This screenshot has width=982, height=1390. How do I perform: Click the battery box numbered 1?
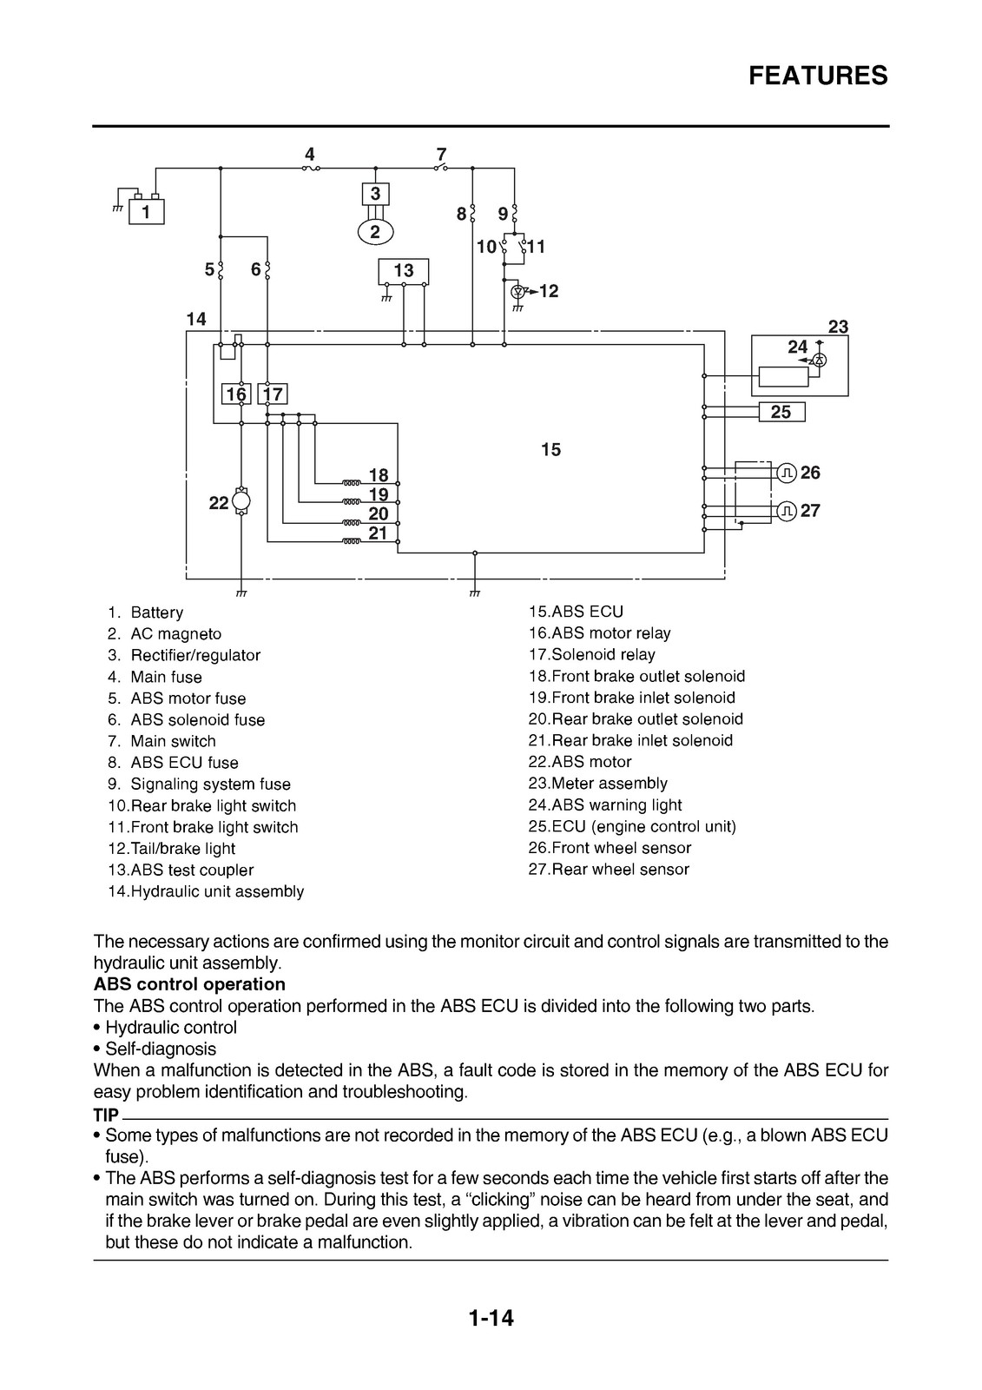click(x=146, y=212)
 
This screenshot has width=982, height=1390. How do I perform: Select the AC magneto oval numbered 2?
click(x=375, y=233)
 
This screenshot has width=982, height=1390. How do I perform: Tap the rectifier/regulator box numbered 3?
click(x=375, y=195)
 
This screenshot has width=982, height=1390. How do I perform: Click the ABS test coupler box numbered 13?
click(x=403, y=271)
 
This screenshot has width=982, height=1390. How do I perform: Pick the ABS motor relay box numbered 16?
click(x=235, y=394)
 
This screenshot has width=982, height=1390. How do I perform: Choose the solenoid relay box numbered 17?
click(x=273, y=394)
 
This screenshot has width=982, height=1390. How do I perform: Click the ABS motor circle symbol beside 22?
click(x=241, y=500)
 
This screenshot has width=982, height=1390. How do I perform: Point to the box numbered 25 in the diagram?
click(x=781, y=412)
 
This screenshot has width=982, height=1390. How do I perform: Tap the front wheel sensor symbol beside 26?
click(x=787, y=473)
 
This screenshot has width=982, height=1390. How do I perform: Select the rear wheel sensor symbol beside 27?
click(x=787, y=512)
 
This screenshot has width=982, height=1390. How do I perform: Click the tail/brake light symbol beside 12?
click(x=518, y=291)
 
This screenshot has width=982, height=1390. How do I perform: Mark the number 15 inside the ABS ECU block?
click(x=550, y=449)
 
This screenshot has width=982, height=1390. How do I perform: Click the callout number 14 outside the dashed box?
click(x=196, y=319)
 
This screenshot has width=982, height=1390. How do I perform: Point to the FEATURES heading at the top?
click(x=818, y=76)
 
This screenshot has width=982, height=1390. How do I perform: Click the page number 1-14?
click(x=491, y=1335)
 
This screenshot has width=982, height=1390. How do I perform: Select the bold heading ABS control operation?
click(x=189, y=984)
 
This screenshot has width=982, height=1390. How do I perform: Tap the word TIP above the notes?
click(x=106, y=1115)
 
